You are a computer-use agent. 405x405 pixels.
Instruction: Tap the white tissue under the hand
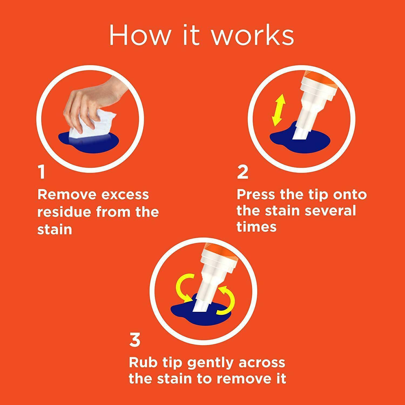click(x=84, y=128)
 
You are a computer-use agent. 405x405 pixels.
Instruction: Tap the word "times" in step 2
click(x=257, y=227)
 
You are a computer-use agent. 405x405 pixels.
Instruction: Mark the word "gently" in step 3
click(x=212, y=363)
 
